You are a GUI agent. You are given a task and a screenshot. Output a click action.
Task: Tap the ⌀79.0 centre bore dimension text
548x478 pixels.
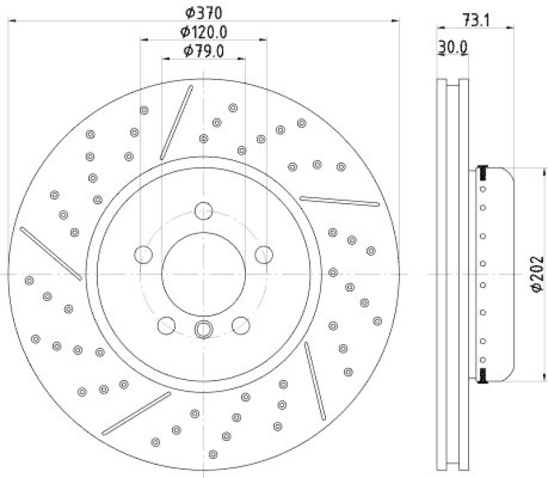[203, 51]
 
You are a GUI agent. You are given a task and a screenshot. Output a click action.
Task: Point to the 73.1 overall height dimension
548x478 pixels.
[475, 21]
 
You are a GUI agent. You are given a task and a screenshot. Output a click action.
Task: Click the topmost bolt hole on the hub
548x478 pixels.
[203, 211]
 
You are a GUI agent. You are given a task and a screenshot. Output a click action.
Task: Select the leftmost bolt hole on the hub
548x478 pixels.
[143, 255]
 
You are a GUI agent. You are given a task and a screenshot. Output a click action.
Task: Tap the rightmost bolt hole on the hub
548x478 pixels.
[264, 255]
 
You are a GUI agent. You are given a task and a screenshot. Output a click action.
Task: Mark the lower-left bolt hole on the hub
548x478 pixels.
[166, 325]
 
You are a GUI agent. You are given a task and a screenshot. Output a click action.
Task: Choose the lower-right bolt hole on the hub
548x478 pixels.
[240, 325]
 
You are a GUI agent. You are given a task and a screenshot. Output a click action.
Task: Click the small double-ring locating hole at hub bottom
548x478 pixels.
[203, 329]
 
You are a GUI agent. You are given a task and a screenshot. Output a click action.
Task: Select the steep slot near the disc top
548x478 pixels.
[177, 122]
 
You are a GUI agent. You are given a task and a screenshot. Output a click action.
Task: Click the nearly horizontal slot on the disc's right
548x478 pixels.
[339, 201]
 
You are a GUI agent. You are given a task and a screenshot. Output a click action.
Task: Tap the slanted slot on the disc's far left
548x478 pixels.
[51, 253]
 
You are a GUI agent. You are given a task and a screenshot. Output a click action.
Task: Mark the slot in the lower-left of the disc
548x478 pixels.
[136, 414]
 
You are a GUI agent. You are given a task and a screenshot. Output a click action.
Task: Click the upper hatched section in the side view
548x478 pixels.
[484, 170]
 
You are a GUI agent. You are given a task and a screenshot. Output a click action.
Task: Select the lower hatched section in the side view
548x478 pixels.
[484, 374]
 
